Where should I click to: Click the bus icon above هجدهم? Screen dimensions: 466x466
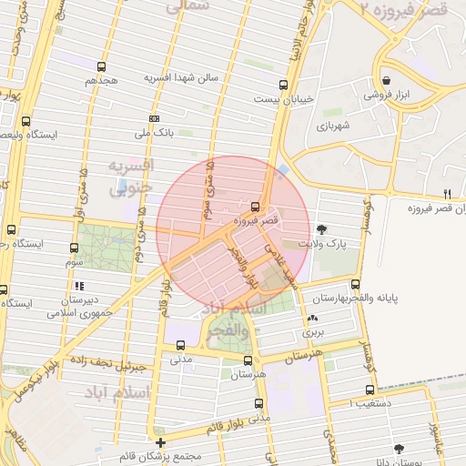tap(100, 66)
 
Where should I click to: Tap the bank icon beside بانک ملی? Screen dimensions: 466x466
tap(154, 118)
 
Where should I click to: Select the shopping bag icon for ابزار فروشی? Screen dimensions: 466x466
tap(387, 81)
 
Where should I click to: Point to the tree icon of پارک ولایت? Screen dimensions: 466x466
tap(321, 229)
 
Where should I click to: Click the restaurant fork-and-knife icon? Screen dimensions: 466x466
tap(446, 194)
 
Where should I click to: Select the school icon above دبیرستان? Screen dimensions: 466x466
tap(79, 287)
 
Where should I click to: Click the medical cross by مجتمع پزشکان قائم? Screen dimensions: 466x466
tap(161, 442)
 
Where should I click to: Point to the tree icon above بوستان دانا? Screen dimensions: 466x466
tap(398, 448)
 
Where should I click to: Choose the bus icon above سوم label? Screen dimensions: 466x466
tap(73, 247)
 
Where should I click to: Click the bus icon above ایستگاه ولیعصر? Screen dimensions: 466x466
tap(25, 120)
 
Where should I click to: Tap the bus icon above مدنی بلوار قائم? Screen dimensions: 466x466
tap(259, 403)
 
